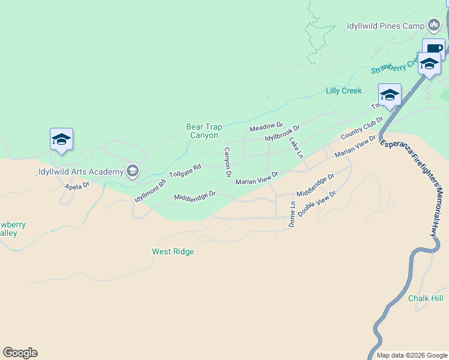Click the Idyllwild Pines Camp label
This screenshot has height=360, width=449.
coord(385,26)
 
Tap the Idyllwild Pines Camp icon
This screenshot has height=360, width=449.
coord(434,25)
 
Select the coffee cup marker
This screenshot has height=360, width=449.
coord(433,48)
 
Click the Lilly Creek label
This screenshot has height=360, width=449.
coord(343,91)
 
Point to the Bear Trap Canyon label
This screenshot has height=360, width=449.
coord(202,131)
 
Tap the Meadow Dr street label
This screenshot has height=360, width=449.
coord(266,127)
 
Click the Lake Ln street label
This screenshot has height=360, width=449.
coord(296,148)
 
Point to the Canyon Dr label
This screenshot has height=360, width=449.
coord(228,163)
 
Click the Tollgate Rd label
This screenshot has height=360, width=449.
coord(184,171)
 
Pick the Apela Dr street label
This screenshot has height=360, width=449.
coord(77,186)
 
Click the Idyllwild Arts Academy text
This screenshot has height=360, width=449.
coord(80,172)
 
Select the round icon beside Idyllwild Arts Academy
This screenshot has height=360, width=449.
coord(133,172)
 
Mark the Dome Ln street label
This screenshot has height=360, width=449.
coord(292,214)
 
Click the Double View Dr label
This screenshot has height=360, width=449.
coord(316,203)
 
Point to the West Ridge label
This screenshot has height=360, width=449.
coord(173,252)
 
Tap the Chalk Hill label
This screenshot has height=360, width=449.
coord(425,298)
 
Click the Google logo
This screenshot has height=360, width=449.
coord(20,353)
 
